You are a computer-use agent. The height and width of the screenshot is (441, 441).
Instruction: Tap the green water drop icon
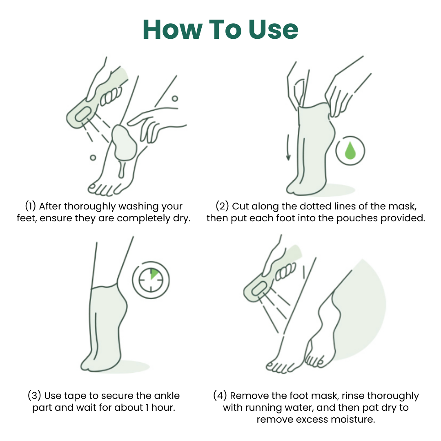pos(350,151)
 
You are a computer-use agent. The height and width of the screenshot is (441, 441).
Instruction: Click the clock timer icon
pos(151,280)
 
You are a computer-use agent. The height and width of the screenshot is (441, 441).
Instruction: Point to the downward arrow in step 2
pos(288,147)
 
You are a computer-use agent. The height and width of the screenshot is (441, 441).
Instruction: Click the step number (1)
pos(31,206)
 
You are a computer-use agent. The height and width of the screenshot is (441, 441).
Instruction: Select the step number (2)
pos(223,206)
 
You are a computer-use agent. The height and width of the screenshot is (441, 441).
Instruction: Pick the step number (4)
pos(220,396)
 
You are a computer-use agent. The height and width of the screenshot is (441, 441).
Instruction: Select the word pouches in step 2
pos(356,218)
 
